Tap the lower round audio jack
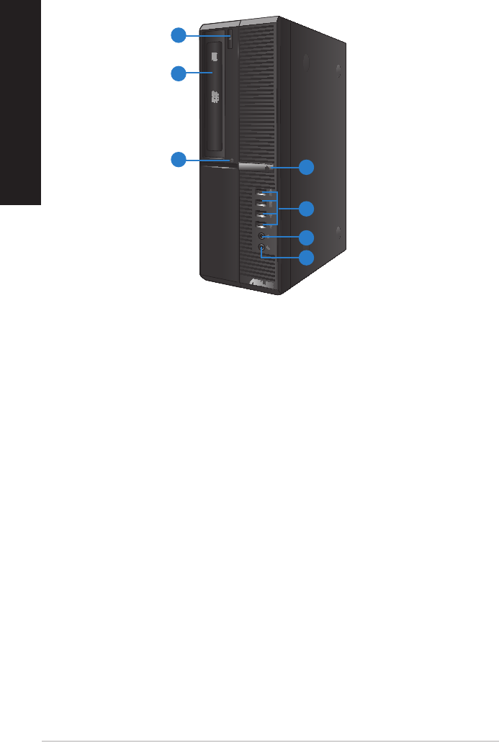point(261,248)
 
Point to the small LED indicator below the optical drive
point(232,159)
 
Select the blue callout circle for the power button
point(307,167)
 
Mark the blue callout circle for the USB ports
point(307,209)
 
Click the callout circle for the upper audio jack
point(307,237)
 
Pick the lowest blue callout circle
point(307,257)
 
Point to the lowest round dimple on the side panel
point(336,233)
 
